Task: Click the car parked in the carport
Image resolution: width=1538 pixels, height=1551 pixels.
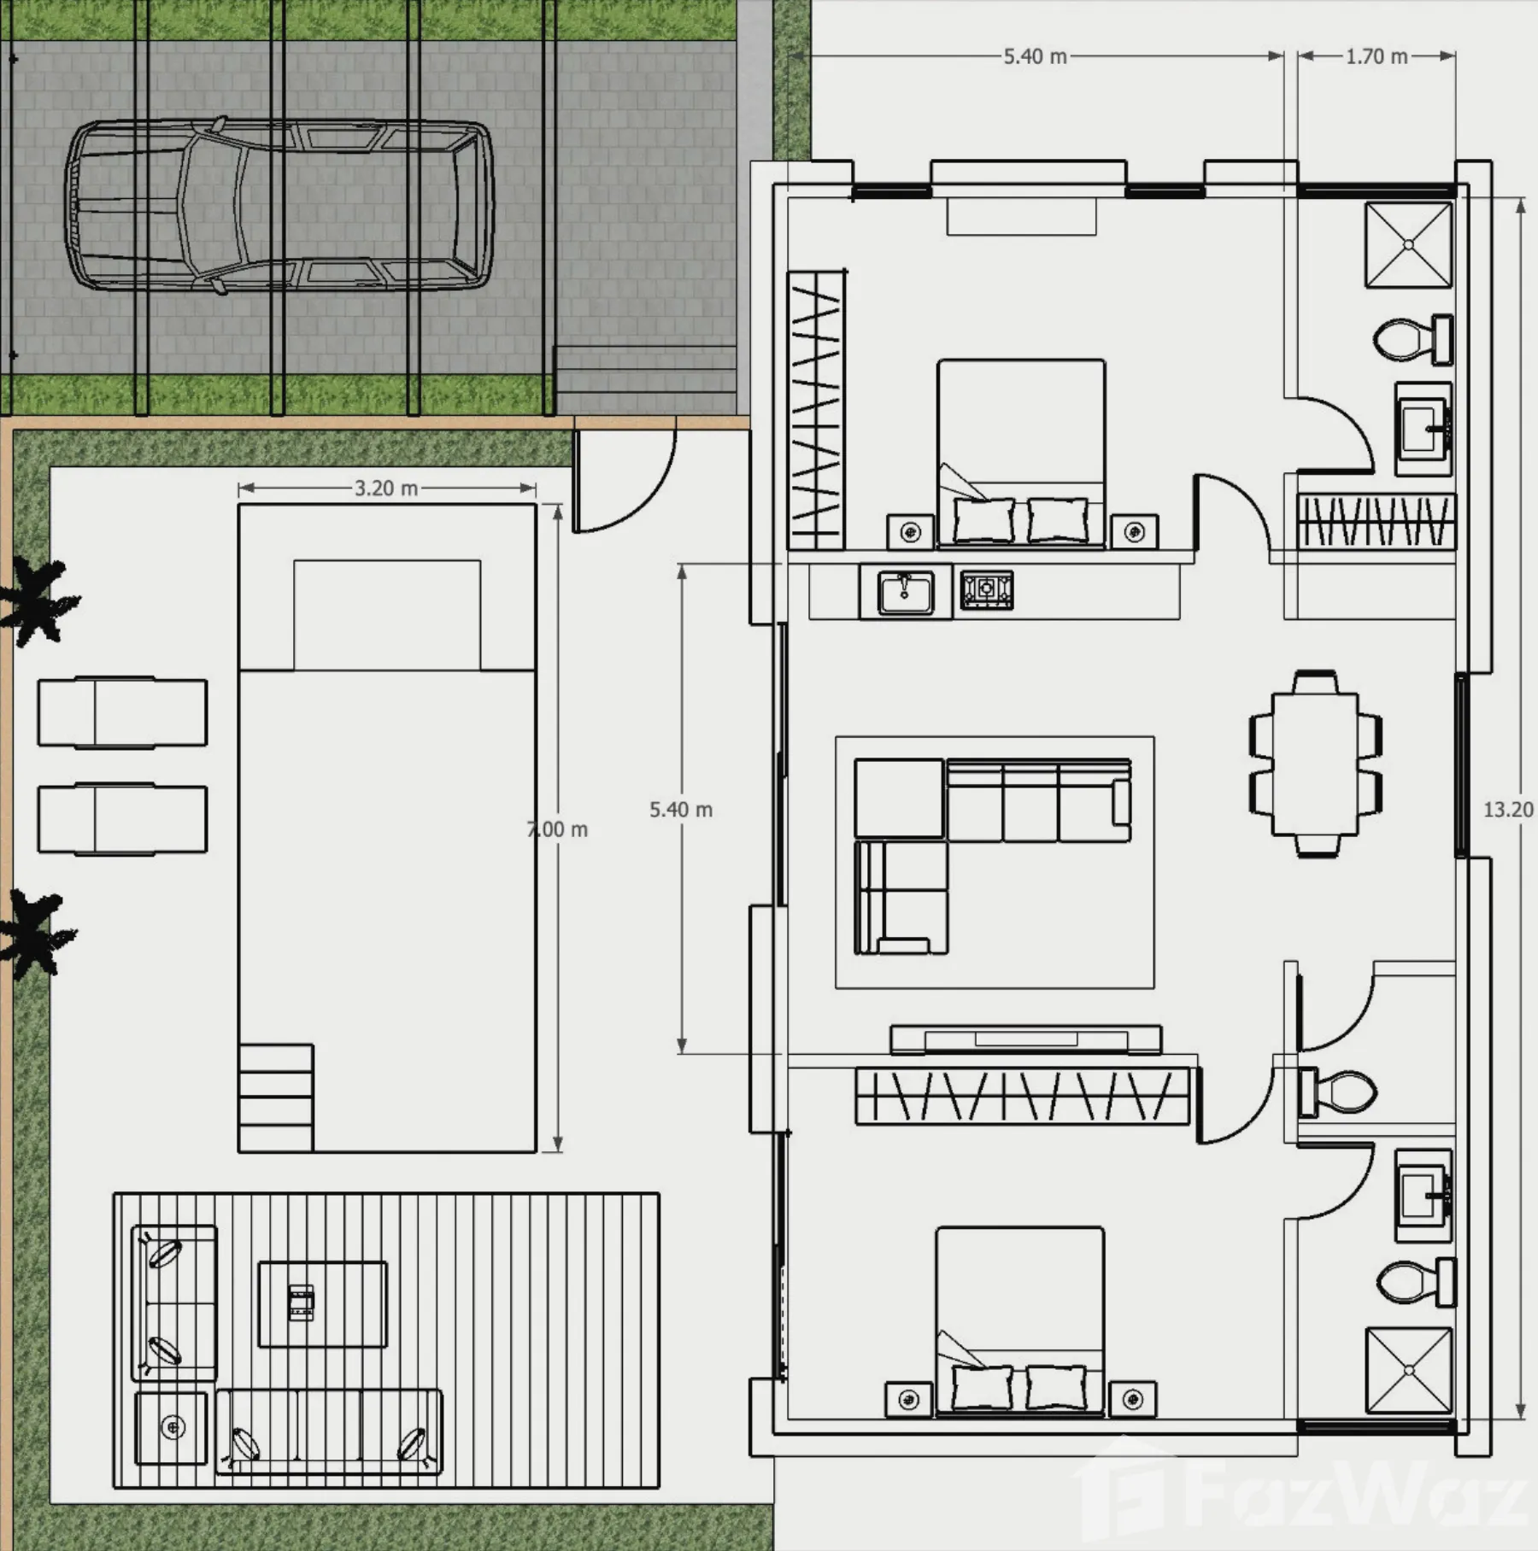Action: pyautogui.click(x=279, y=206)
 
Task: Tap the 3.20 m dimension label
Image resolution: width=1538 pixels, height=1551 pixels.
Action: pyautogui.click(x=386, y=488)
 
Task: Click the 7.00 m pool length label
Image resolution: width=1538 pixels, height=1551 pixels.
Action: pyautogui.click(x=557, y=829)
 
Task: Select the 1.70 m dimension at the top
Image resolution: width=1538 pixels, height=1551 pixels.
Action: pyautogui.click(x=1377, y=56)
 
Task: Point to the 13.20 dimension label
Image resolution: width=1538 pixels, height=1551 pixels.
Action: pyautogui.click(x=1509, y=810)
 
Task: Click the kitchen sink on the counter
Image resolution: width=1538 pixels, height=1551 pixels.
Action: pyautogui.click(x=906, y=592)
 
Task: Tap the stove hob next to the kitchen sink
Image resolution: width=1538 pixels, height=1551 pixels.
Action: pyautogui.click(x=987, y=590)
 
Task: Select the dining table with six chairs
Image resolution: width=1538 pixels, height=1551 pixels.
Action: pyautogui.click(x=1315, y=764)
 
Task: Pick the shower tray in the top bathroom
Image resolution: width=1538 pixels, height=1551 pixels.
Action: pyautogui.click(x=1408, y=245)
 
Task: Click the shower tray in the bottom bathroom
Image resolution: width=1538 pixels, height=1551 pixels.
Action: pyautogui.click(x=1408, y=1370)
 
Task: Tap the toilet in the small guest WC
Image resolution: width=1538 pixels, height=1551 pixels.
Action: pyautogui.click(x=1337, y=1092)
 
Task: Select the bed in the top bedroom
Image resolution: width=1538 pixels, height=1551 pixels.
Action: pyautogui.click(x=1021, y=453)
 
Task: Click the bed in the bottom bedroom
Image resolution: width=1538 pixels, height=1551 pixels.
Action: pyautogui.click(x=1019, y=1321)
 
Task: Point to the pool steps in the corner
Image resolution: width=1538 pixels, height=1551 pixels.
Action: pyautogui.click(x=275, y=1097)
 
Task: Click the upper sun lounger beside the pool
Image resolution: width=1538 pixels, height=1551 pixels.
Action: pyautogui.click(x=122, y=712)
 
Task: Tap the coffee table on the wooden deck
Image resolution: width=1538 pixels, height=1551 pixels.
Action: pyautogui.click(x=322, y=1304)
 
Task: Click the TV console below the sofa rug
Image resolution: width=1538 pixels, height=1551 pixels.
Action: pyautogui.click(x=1025, y=1039)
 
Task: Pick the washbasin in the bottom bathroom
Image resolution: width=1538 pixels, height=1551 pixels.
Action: pyautogui.click(x=1423, y=1195)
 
